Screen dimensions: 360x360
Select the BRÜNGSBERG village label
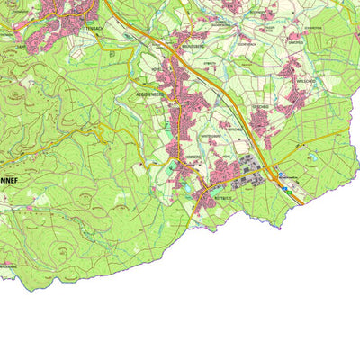[193, 43]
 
